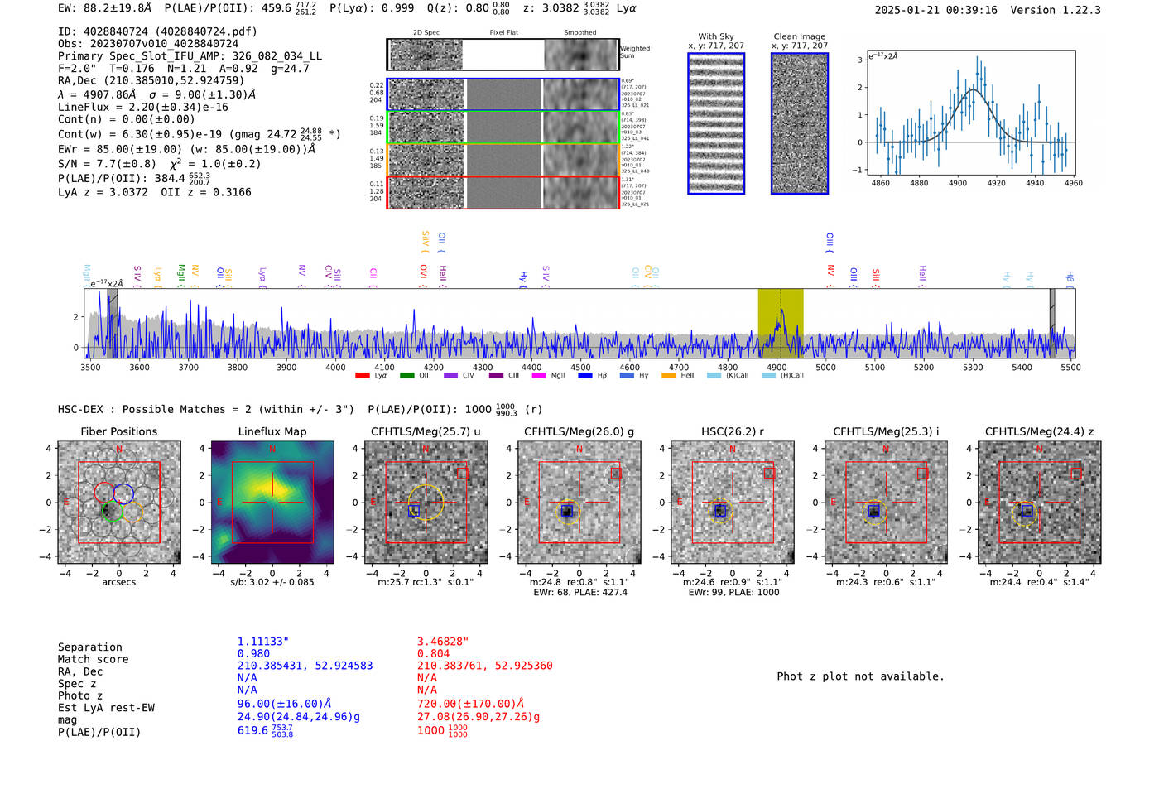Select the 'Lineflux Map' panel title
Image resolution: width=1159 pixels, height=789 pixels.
(272, 431)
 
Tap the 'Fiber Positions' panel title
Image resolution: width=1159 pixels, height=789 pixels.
(118, 431)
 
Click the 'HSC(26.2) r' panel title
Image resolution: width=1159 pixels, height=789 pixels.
(732, 431)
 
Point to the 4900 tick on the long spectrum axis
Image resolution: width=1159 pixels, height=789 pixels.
(777, 367)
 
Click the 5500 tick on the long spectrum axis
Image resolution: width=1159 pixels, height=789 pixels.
(1070, 367)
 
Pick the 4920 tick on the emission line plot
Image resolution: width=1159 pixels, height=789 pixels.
(996, 183)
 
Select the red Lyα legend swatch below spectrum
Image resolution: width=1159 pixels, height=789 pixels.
(362, 376)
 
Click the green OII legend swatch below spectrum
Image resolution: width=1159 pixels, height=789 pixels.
(406, 376)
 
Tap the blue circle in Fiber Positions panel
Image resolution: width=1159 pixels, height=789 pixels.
(123, 493)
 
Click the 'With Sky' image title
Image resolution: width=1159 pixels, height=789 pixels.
(716, 36)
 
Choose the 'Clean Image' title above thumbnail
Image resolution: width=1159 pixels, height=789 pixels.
(799, 36)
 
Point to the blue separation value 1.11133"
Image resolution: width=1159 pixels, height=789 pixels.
(262, 642)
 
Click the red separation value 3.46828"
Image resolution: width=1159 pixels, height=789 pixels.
(442, 642)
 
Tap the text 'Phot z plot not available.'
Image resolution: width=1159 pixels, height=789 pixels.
(860, 676)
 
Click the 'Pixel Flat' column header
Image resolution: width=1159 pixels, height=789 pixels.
(503, 33)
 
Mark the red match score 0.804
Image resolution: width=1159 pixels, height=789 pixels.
(433, 653)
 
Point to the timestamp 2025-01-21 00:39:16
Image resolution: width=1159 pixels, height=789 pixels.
(935, 10)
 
